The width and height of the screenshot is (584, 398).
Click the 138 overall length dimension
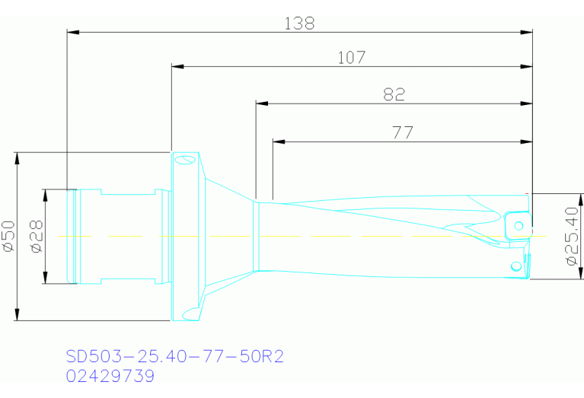299,24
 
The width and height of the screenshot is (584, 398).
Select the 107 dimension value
352,58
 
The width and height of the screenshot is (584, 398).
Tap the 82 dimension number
394,94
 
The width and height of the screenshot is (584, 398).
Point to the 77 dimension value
403,132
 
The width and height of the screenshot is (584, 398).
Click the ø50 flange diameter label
8,236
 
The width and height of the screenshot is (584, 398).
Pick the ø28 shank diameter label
37,237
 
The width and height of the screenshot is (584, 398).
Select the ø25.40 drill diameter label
572,237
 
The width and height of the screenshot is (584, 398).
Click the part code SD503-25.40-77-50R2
174,356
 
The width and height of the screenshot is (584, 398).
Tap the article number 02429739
110,376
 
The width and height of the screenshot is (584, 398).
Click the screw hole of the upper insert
519,225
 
